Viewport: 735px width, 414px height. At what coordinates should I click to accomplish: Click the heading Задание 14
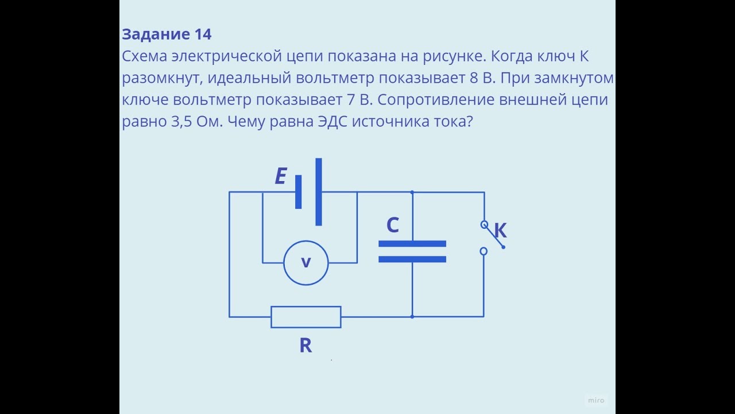click(167, 34)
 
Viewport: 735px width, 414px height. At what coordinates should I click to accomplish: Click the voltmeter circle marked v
click(306, 263)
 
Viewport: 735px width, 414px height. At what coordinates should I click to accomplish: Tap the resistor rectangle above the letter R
click(306, 317)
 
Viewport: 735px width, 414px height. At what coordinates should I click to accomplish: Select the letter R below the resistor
click(305, 346)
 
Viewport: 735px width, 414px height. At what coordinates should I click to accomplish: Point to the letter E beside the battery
click(280, 177)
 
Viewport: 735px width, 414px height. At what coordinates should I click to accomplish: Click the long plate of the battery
click(319, 192)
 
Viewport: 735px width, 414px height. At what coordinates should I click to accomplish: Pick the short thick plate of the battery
click(299, 192)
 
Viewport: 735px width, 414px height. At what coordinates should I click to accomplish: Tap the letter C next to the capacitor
click(393, 225)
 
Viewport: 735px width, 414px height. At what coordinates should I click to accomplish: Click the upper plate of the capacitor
click(412, 244)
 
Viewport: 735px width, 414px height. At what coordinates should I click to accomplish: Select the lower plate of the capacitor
click(412, 259)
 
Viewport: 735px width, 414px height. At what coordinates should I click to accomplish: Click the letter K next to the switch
click(500, 231)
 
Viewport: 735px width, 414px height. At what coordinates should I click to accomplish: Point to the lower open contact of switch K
click(483, 251)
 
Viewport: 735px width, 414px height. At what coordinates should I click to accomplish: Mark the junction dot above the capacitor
click(412, 192)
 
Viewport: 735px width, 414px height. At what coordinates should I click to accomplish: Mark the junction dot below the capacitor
click(412, 316)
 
